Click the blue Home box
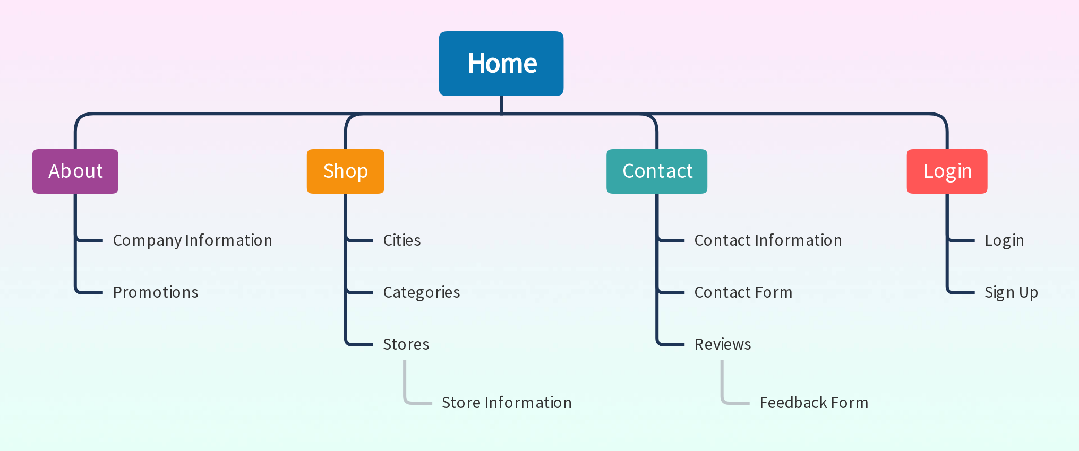pyautogui.click(x=501, y=64)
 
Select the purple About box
pyautogui.click(x=75, y=171)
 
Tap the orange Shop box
pyautogui.click(x=346, y=171)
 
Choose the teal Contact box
pyautogui.click(x=657, y=171)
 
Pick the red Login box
pyautogui.click(x=947, y=171)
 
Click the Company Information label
pyautogui.click(x=193, y=240)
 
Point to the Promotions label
pyautogui.click(x=156, y=292)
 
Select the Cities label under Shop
pyautogui.click(x=402, y=240)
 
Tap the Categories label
pyautogui.click(x=422, y=292)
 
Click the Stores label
pyautogui.click(x=406, y=344)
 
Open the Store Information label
pyautogui.click(x=507, y=403)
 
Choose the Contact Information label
pyautogui.click(x=768, y=240)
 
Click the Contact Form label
pyautogui.click(x=743, y=292)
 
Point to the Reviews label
pyautogui.click(x=723, y=344)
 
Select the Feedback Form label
pyautogui.click(x=814, y=403)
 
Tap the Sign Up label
pyautogui.click(x=1011, y=292)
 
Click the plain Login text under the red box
pyautogui.click(x=1004, y=240)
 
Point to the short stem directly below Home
pyautogui.click(x=501, y=105)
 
